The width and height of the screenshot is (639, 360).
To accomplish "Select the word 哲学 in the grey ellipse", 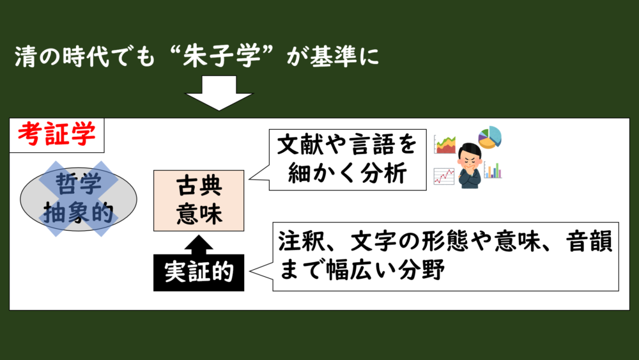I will [x=79, y=185].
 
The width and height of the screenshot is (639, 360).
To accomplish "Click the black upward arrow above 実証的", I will [x=199, y=243].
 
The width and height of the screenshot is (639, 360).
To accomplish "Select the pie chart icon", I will [x=490, y=137].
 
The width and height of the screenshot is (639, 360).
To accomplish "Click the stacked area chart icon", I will [x=445, y=145].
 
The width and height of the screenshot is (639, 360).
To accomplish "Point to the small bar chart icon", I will [x=493, y=170].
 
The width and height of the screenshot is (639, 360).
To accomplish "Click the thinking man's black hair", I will [x=470, y=148].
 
